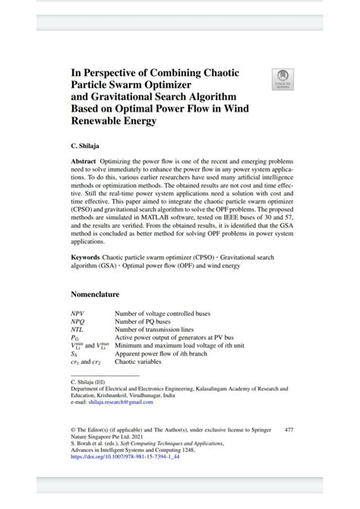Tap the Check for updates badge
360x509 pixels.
[283, 77]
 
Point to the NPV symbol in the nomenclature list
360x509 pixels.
[78, 313]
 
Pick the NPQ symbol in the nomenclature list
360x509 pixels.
[78, 321]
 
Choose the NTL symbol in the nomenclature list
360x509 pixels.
[78, 330]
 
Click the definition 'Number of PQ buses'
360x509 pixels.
[142, 321]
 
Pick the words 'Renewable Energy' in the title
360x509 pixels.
[112, 121]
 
